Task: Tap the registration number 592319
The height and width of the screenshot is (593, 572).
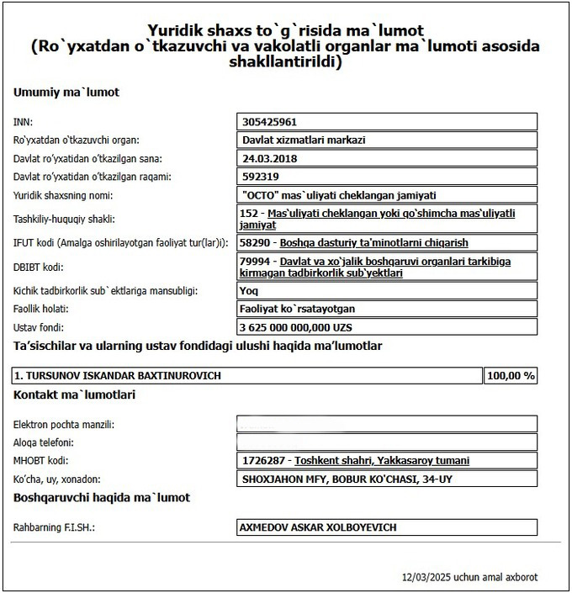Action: tap(260, 177)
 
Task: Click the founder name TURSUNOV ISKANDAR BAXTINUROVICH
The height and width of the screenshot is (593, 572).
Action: tap(119, 376)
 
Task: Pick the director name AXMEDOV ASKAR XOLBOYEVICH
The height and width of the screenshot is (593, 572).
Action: tap(319, 527)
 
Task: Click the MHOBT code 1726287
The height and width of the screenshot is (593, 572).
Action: tap(262, 460)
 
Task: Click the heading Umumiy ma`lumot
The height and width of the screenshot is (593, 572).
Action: tap(66, 91)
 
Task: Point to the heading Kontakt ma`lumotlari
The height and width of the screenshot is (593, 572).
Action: tap(75, 394)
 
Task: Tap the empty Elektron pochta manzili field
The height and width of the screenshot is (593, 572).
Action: tap(387, 425)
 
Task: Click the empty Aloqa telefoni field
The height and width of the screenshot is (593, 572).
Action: tap(387, 442)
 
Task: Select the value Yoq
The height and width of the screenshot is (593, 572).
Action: tap(250, 291)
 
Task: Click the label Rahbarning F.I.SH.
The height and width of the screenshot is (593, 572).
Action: tap(55, 527)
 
